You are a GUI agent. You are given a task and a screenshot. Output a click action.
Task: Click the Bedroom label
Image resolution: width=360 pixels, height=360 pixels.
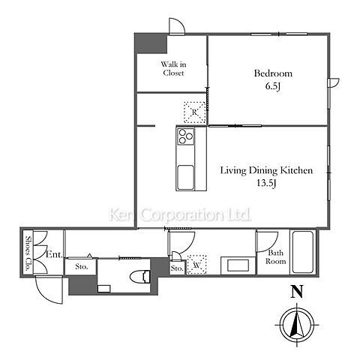pos(273,73)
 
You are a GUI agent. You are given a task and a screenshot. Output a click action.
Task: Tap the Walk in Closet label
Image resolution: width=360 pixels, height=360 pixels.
pos(173,68)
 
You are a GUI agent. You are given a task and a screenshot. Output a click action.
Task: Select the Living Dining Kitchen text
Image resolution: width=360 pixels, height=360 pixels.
pos(266,170)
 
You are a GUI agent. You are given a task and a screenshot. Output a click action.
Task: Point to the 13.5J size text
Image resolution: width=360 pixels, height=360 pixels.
pos(266,183)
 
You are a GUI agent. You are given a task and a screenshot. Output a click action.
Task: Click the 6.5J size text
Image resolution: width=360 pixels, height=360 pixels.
pos(273,86)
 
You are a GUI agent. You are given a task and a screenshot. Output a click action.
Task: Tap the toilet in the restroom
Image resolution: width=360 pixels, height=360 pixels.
pos(140,277)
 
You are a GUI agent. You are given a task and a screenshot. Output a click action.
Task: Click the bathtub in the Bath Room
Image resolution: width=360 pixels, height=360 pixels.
pos(303,252)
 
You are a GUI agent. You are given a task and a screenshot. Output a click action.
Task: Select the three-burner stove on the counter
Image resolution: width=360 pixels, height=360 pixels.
pos(186,136)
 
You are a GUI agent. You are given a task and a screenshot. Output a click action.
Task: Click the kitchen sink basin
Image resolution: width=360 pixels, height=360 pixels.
pos(185,177)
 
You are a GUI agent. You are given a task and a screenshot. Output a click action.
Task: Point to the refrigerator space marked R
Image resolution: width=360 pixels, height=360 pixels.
pos(195,112)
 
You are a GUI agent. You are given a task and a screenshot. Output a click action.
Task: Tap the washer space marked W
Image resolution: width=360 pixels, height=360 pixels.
pos(196,265)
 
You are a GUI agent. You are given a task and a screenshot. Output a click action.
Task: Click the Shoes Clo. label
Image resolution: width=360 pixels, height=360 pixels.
pos(28,253)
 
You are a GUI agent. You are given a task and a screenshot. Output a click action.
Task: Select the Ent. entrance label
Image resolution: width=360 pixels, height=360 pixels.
pos(54,255)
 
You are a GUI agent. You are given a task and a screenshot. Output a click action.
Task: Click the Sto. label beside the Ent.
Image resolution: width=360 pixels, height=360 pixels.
pos(82,267)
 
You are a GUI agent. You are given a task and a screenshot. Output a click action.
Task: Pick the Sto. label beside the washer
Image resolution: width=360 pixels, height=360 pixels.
pos(177,268)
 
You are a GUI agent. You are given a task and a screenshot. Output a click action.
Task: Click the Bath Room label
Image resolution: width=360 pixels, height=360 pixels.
pos(275,257)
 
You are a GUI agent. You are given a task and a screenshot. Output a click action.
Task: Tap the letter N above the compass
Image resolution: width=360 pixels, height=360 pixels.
pos(297,292)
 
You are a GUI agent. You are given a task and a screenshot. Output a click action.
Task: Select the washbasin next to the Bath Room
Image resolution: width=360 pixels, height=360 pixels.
pos(238,265)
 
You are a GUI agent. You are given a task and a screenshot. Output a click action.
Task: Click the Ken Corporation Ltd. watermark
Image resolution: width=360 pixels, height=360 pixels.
pos(180,215)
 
